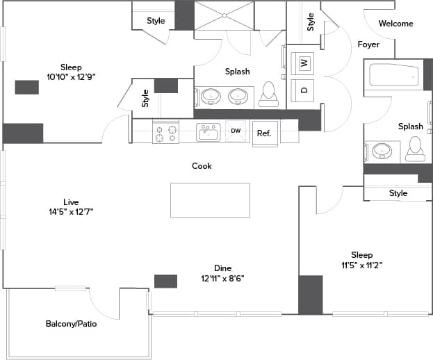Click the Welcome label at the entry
[395, 24]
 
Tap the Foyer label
[368, 44]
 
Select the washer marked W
[304, 63]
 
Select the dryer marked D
[304, 90]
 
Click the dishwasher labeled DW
[236, 131]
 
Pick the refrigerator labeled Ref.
[263, 133]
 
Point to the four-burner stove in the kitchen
[165, 132]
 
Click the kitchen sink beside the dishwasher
[208, 131]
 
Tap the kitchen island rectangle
[210, 200]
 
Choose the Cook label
[202, 166]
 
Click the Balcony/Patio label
[71, 324]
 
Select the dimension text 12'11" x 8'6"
[222, 279]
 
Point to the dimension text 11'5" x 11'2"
[361, 265]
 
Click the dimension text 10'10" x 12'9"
[71, 76]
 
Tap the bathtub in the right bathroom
[393, 74]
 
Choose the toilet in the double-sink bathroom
[268, 95]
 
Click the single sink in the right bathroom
[381, 151]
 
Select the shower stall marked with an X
[224, 15]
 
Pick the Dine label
[222, 268]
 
